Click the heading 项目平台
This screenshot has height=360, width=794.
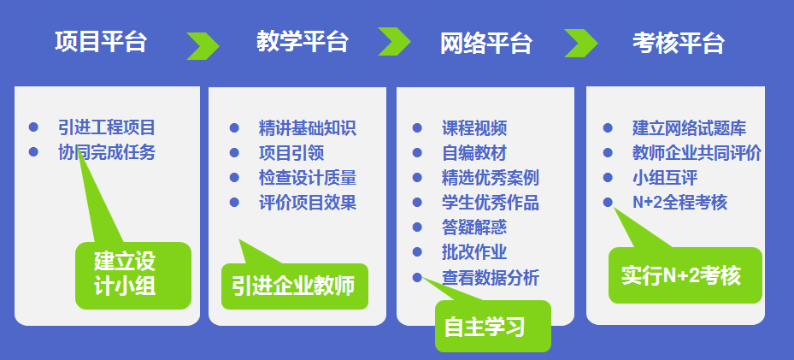pyautogui.click(x=101, y=42)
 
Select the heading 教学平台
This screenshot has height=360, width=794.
pyautogui.click(x=303, y=42)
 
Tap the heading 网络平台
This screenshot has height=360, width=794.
pyautogui.click(x=486, y=43)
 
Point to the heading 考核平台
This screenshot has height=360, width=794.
pyautogui.click(x=678, y=43)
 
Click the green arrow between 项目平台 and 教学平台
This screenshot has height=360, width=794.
pyautogui.click(x=203, y=46)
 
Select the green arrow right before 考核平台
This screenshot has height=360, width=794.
pyautogui.click(x=581, y=43)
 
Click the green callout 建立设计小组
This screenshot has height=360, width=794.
pyautogui.click(x=133, y=275)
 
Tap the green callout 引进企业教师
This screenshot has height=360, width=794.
pyautogui.click(x=294, y=286)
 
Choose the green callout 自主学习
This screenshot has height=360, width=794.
pyautogui.click(x=492, y=326)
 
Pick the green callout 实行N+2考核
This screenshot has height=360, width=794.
pyautogui.click(x=685, y=275)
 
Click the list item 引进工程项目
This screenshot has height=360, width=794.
pyautogui.click(x=106, y=127)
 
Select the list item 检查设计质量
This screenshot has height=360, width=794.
pyautogui.click(x=308, y=178)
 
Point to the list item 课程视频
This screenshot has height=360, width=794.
pyautogui.click(x=474, y=128)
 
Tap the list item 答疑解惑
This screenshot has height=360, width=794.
pyautogui.click(x=474, y=227)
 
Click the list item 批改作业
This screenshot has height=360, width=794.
pyautogui.click(x=474, y=252)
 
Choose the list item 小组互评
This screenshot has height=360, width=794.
pyautogui.click(x=665, y=178)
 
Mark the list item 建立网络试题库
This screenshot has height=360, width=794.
pyautogui.click(x=689, y=128)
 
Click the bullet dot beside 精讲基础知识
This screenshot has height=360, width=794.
pyautogui.click(x=234, y=128)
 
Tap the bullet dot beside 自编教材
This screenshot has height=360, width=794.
pyautogui.click(x=417, y=153)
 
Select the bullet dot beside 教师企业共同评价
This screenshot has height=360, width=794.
pyautogui.click(x=608, y=153)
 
